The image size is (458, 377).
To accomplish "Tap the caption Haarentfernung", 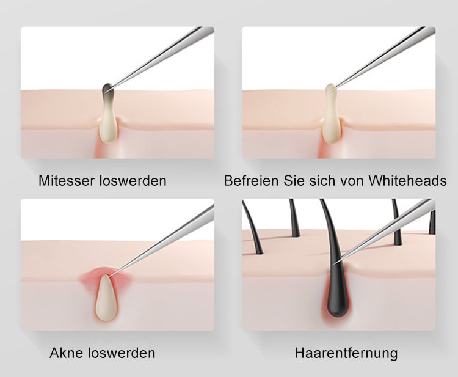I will click(x=346, y=353).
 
